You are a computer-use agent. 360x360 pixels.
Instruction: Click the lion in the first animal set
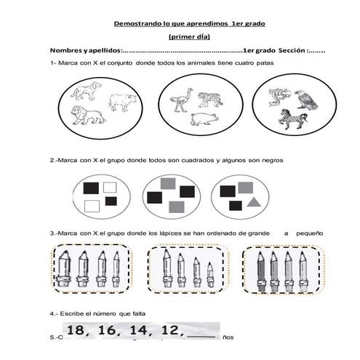click(87, 114)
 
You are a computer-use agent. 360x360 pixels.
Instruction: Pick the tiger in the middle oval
click(209, 98)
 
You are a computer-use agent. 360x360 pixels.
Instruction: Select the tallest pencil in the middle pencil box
click(167, 265)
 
